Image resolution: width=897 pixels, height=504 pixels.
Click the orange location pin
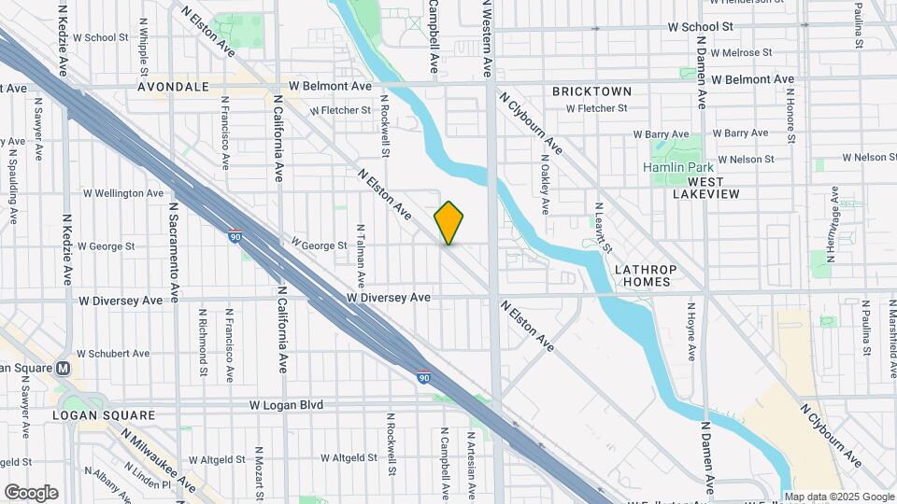click(448, 222)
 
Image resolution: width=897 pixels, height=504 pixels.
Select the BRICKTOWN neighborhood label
click(591, 91)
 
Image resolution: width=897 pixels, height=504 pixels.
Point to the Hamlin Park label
click(677, 167)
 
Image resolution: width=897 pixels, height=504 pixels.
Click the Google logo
click(31, 493)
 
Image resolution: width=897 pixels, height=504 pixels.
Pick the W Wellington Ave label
click(123, 193)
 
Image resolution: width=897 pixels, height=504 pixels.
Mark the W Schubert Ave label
click(113, 354)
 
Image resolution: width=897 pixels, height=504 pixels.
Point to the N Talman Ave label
click(360, 255)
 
